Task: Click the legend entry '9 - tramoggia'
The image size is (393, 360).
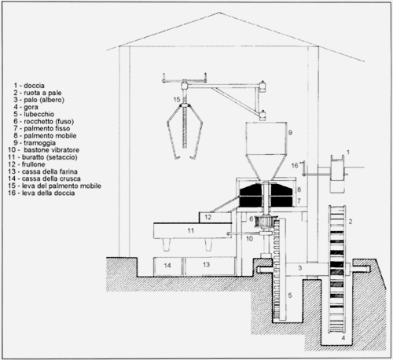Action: coord(35,143)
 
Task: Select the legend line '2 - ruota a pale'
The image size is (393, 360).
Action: coord(38,93)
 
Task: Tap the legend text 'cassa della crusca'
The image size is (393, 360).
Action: coord(51,178)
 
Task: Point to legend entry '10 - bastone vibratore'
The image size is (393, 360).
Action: coord(43,150)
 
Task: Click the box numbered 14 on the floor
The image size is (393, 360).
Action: coord(167,266)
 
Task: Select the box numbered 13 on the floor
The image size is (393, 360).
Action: coord(210,266)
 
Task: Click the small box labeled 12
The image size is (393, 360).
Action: coord(215,218)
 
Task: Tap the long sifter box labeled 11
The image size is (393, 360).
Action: coord(193,230)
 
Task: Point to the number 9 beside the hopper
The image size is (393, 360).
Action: coord(290,133)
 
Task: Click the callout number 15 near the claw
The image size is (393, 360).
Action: coord(177,100)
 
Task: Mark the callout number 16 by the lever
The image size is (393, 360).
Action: coord(295,166)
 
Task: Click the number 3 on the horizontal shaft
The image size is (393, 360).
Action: coord(299,268)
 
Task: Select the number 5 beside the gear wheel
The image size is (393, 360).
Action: coord(290,296)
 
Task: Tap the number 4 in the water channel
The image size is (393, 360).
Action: coord(343,338)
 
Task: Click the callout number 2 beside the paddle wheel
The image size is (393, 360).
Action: coord(351,222)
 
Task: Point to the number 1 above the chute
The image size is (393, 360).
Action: coord(348,152)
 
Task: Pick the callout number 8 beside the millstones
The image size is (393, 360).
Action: coord(299,189)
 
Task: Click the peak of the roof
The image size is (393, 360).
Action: coord(219,13)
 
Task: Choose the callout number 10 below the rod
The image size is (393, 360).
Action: coord(249,239)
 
